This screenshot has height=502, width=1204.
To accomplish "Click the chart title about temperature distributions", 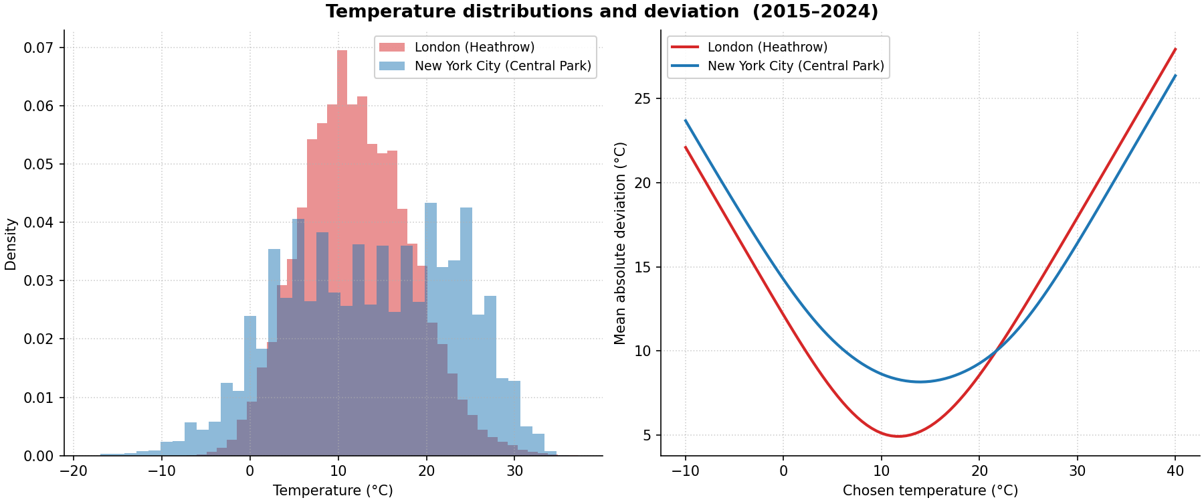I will pyautogui.click(x=601, y=12).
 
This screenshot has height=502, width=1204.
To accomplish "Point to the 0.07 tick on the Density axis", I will pyautogui.click(x=39, y=48).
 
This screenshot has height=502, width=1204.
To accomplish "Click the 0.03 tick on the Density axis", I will pyautogui.click(x=39, y=281).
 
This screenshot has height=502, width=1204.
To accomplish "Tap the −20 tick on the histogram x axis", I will pyautogui.click(x=73, y=471).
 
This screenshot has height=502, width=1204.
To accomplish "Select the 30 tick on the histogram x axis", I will pyautogui.click(x=514, y=471).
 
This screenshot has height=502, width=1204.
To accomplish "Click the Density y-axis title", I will pyautogui.click(x=11, y=244).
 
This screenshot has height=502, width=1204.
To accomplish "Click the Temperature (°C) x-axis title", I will pyautogui.click(x=332, y=491).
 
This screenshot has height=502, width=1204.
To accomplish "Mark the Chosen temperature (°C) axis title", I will pyautogui.click(x=930, y=491).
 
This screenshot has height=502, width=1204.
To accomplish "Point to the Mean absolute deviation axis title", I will pyautogui.click(x=620, y=243).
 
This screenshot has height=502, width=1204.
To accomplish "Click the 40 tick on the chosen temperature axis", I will pyautogui.click(x=1175, y=471).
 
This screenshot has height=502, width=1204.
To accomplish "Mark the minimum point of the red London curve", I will pyautogui.click(x=898, y=436).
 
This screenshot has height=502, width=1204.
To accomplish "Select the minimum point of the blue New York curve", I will pyautogui.click(x=921, y=382).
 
